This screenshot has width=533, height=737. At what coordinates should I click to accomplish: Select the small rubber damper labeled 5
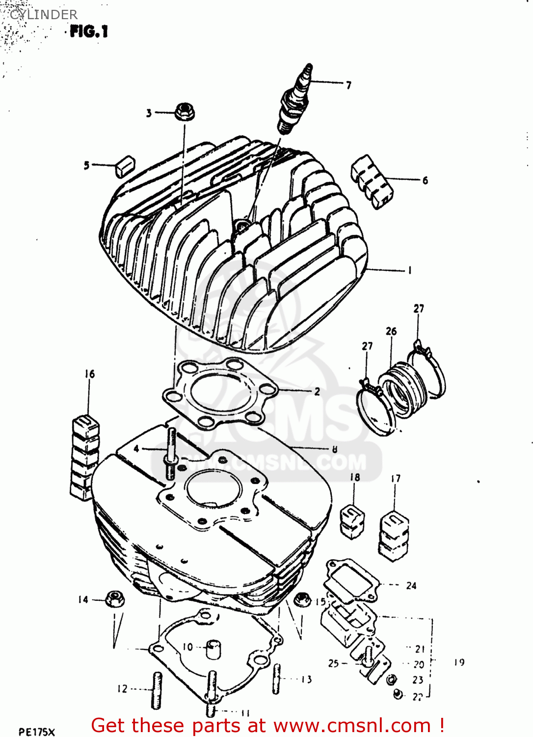[125, 166]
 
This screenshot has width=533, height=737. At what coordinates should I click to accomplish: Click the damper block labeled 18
[352, 521]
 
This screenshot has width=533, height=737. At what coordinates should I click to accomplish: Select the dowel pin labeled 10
[213, 649]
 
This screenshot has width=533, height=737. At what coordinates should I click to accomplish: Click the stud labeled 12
[157, 690]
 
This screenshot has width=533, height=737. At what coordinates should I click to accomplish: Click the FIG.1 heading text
[88, 32]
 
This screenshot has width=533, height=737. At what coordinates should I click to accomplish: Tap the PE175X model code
[37, 732]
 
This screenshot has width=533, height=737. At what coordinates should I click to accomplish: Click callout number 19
[459, 662]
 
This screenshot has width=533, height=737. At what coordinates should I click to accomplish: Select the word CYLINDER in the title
[44, 15]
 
